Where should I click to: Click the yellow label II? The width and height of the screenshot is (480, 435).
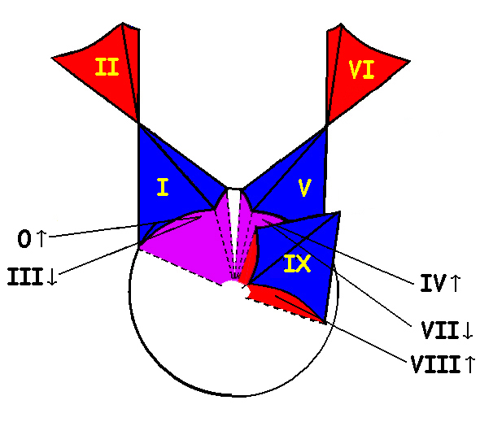(x=107, y=67)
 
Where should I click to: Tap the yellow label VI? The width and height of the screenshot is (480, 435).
(x=361, y=70)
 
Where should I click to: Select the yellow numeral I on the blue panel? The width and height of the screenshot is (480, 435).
(x=163, y=187)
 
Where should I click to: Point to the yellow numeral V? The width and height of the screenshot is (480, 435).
(x=304, y=188)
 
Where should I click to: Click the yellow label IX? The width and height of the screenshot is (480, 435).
(x=297, y=263)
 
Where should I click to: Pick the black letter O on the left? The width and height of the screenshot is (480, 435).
(x=24, y=239)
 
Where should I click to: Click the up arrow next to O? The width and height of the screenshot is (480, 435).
(x=41, y=238)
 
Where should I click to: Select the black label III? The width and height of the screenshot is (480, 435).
(x=24, y=276)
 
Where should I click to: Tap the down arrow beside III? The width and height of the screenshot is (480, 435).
(x=52, y=276)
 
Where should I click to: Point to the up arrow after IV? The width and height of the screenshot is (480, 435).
(x=456, y=283)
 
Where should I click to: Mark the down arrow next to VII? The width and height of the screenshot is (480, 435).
(x=468, y=330)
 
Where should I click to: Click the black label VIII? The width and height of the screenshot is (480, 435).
(x=435, y=364)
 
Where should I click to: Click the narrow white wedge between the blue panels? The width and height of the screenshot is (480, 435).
(x=233, y=220)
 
